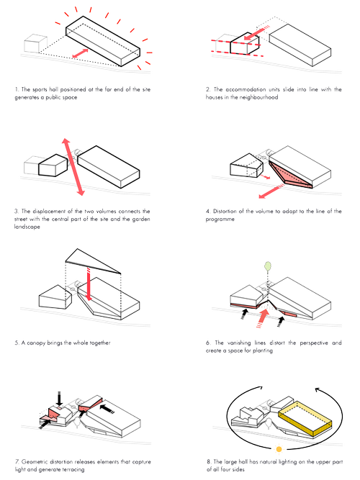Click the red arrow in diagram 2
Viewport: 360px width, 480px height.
coord(253,35)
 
